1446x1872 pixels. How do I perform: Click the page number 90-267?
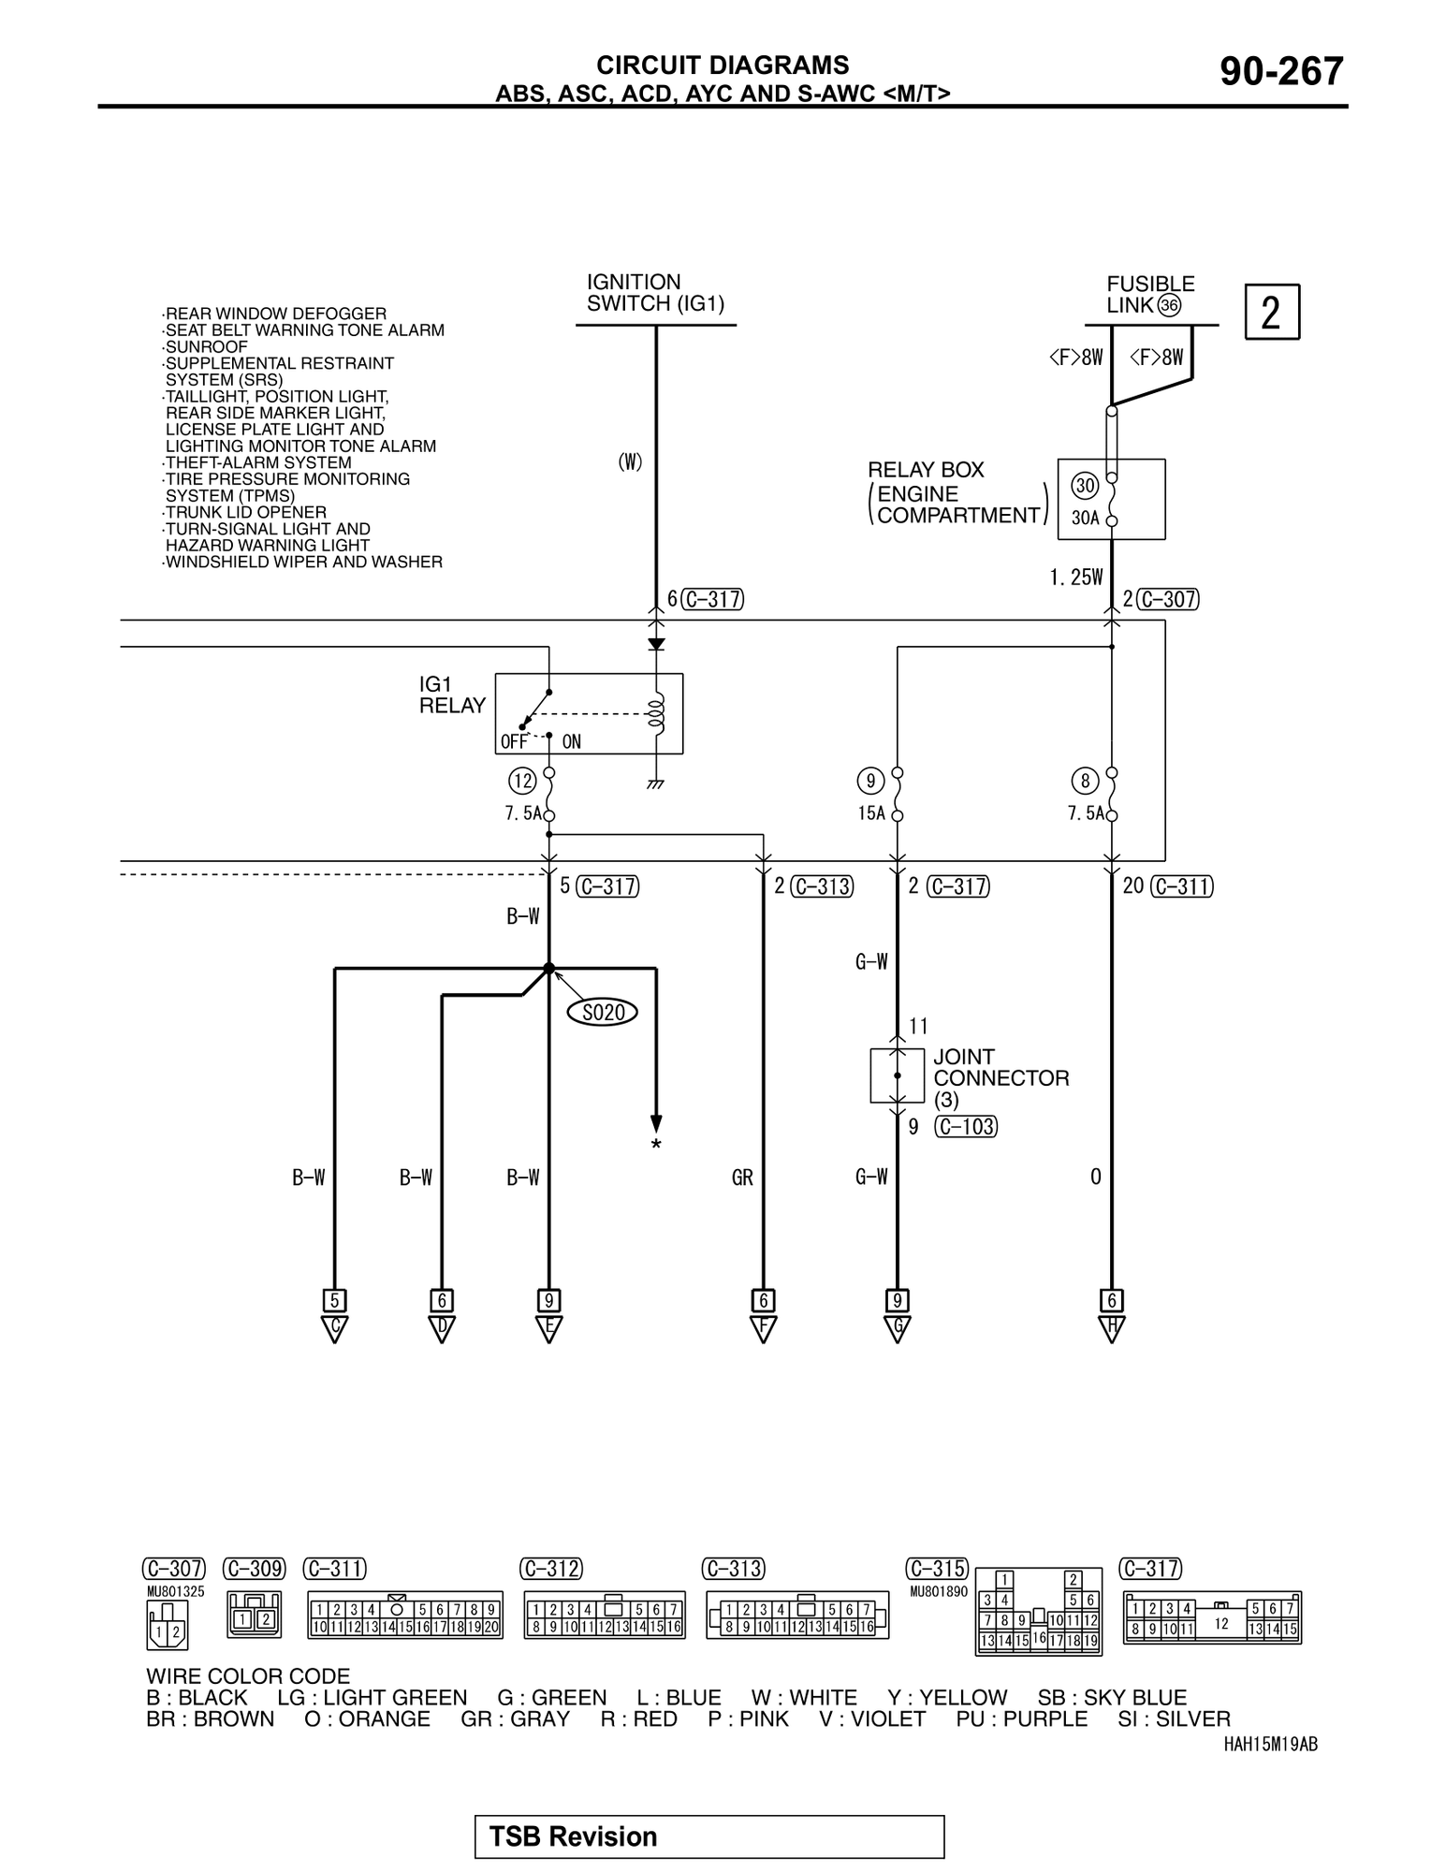(1280, 72)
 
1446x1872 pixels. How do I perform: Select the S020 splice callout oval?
(603, 1012)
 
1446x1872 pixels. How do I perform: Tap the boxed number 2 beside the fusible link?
(1271, 312)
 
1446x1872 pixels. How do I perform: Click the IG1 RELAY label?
(452, 695)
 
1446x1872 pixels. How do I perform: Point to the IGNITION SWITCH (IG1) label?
(655, 293)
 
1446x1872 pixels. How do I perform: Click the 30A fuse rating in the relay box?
(1085, 518)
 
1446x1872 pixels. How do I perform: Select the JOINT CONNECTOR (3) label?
(1000, 1077)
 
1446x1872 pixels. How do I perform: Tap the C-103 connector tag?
(966, 1127)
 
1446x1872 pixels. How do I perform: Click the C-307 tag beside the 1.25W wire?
(1169, 599)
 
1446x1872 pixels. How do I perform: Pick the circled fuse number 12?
(521, 781)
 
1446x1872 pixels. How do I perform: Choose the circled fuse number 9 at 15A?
(870, 781)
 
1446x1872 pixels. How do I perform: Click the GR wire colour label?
(742, 1177)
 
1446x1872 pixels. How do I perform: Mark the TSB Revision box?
(708, 1836)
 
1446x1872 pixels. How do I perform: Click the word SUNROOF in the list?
(206, 346)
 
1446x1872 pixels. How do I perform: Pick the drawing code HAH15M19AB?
(1270, 1744)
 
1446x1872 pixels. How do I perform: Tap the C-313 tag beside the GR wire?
(822, 886)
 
